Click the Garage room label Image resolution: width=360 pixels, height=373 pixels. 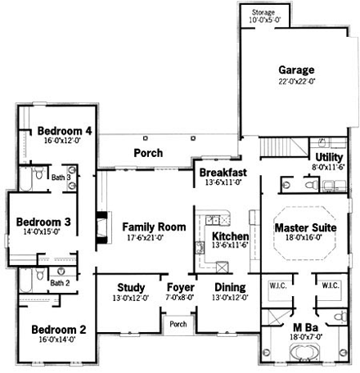pos(295,70)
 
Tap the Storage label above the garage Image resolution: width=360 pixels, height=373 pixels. pos(263,13)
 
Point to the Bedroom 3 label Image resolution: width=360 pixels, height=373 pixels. pos(44,222)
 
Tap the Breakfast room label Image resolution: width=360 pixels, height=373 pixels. pos(223,173)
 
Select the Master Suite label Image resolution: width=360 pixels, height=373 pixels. pos(302,227)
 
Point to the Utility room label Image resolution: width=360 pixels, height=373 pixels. pos(329,157)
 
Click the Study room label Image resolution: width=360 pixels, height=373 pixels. pos(131,288)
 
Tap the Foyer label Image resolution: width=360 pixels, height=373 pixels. pos(180,288)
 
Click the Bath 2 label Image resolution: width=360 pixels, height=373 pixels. pos(59,283)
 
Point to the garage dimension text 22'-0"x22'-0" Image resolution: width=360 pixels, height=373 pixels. pos(295,82)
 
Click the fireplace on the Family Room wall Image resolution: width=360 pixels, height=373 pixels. pos(101,225)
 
